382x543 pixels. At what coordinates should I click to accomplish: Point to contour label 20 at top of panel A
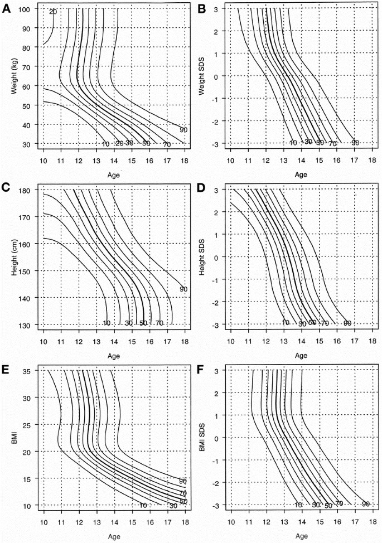pos(53,12)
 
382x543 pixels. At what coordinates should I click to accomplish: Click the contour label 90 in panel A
pos(183,130)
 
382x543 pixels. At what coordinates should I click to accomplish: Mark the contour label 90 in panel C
pos(183,289)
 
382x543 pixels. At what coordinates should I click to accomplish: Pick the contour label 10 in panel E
pos(143,506)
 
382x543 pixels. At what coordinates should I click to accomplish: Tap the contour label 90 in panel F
pos(366,504)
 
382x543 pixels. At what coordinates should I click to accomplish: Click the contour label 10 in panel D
pos(286,323)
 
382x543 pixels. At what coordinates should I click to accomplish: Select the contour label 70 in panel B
pos(333,143)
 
